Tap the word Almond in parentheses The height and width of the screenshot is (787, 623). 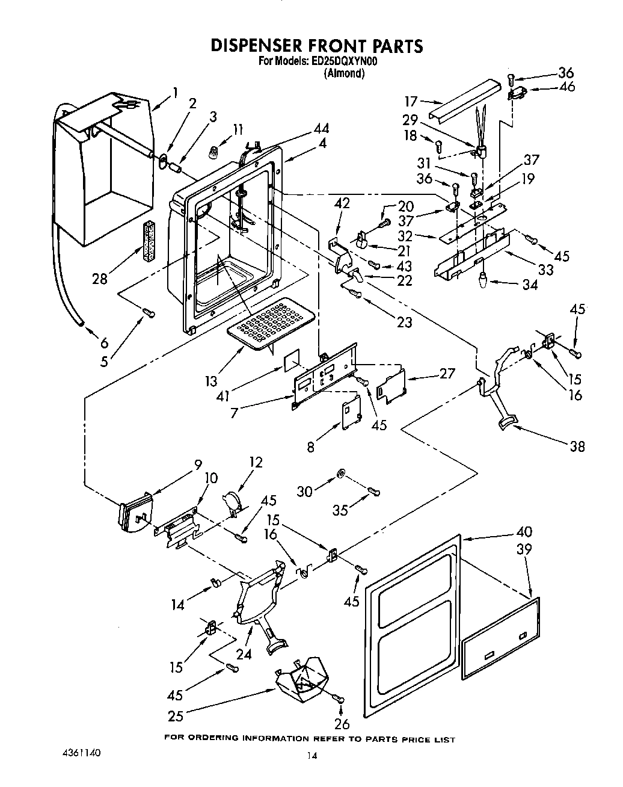(x=344, y=73)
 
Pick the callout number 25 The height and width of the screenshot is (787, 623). (x=176, y=716)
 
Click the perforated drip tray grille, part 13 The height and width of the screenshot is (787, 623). (x=267, y=324)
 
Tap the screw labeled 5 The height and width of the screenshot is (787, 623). (x=149, y=312)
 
